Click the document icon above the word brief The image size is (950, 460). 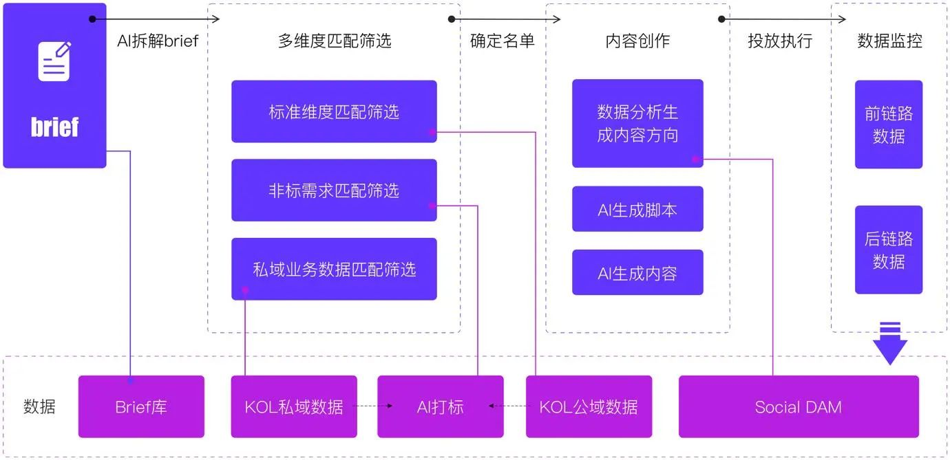pos(54,62)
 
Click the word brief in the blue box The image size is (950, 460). pos(54,127)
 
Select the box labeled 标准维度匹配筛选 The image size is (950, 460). pos(334,111)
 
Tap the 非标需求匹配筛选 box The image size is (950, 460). pos(334,190)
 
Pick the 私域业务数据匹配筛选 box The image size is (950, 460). pos(334,269)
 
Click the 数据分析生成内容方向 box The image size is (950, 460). pos(637,123)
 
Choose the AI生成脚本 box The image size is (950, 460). pos(637,209)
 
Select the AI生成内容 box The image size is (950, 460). pos(637,273)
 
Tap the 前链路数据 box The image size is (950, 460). pos(888,124)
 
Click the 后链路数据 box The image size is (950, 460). pos(888,250)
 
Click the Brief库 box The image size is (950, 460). pos(141,406)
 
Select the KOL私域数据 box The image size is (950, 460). pos(294,406)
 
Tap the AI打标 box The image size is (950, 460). pos(440,406)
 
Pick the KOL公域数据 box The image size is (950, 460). pos(589,406)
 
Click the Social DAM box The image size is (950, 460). pos(799,406)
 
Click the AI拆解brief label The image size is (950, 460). pos(158,41)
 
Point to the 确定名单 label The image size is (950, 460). pos(503,41)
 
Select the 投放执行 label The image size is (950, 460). pos(780,41)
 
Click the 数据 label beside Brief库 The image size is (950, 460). pos(39,406)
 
